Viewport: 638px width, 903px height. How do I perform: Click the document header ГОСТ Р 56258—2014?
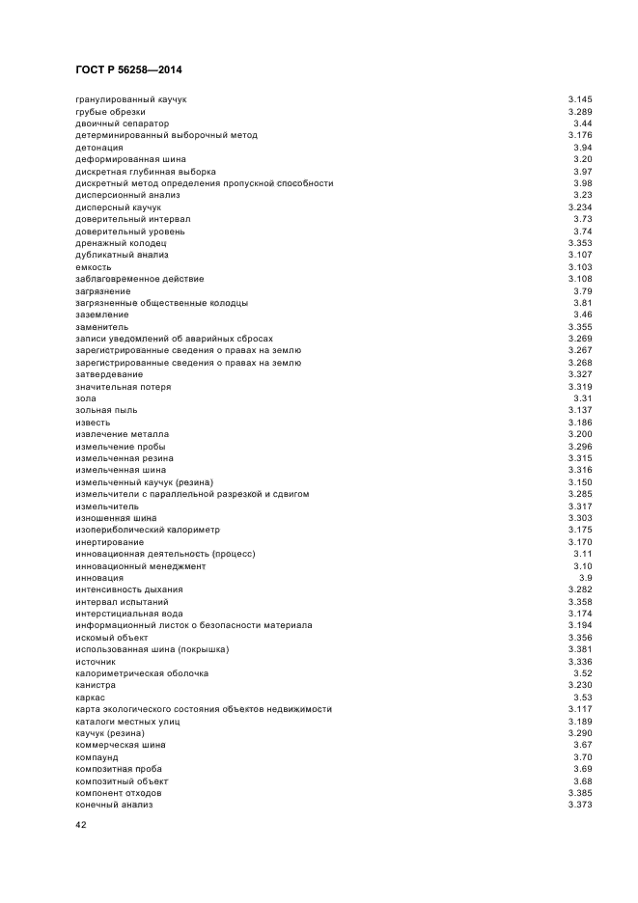(x=128, y=70)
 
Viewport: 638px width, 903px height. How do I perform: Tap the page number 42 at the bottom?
(x=81, y=827)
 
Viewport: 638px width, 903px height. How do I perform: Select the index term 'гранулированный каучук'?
(x=130, y=99)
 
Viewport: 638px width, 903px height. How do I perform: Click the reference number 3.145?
(x=580, y=99)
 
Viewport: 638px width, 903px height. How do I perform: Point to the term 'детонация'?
(x=99, y=148)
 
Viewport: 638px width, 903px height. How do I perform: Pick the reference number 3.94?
(x=583, y=148)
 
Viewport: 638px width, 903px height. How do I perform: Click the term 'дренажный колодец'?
(x=113, y=243)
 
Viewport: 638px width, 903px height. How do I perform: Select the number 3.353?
(x=580, y=243)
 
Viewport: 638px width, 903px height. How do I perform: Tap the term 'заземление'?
(x=102, y=315)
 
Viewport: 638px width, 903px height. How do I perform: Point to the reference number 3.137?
(x=580, y=410)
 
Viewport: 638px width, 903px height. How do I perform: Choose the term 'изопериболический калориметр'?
(x=148, y=530)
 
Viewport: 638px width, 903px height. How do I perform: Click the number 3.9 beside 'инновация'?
(x=585, y=578)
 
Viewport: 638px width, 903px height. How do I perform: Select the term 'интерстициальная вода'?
(x=128, y=614)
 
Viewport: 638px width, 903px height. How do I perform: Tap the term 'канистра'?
(x=97, y=685)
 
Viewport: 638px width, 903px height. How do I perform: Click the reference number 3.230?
(x=580, y=685)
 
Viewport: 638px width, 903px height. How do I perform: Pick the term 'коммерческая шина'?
(x=120, y=745)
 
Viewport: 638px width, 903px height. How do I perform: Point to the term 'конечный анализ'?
(x=114, y=805)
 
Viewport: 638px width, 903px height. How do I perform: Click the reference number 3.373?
(x=580, y=805)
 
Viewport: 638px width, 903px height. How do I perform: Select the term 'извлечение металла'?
(x=122, y=434)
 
